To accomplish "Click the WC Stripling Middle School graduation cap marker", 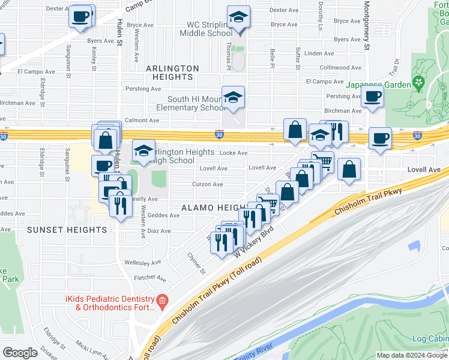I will coord(238,17).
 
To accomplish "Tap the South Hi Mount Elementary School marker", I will coord(232,97).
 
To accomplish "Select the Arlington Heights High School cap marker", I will coord(143,152).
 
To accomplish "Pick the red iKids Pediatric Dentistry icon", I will coord(161,300).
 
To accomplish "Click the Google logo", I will coord(20,353).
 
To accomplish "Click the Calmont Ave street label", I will coord(142,121).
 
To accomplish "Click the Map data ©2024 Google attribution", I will coord(412,355).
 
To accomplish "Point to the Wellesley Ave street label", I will coord(142,262).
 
